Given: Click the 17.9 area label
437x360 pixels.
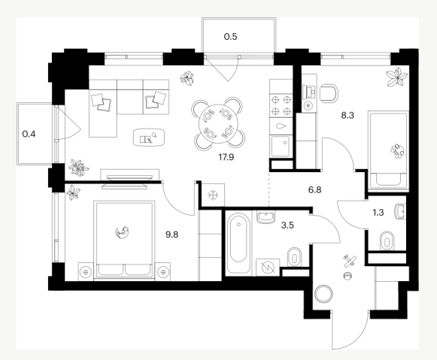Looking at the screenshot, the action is point(226,157).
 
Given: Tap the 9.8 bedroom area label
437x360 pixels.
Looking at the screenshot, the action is point(171,234).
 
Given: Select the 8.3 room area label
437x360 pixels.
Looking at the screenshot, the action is point(347,115).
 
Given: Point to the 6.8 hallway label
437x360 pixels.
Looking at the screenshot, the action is point(314,190).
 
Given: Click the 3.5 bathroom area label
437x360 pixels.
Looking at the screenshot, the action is point(287,225).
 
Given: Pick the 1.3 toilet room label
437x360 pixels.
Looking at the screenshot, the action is point(378,213).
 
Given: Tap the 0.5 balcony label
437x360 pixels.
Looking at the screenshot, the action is point(230,37).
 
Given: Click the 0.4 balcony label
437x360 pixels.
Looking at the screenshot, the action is point(29,135).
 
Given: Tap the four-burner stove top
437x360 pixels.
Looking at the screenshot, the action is point(281,105).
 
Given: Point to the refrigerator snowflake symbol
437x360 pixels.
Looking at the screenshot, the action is point(213,195).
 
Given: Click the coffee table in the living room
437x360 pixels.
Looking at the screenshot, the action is point(149,138).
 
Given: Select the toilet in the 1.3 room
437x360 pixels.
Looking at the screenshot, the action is point(387,241).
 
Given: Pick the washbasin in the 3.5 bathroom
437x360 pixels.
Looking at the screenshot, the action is point(266,217).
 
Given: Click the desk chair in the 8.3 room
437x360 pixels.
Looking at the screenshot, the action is point(329,93).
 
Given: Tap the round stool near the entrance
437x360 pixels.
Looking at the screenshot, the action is point(323,294).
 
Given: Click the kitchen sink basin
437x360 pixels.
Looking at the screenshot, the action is point(281,147).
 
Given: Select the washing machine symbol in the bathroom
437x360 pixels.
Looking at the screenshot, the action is point(268,268).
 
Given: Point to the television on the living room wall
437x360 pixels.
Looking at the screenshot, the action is point(129,177).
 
